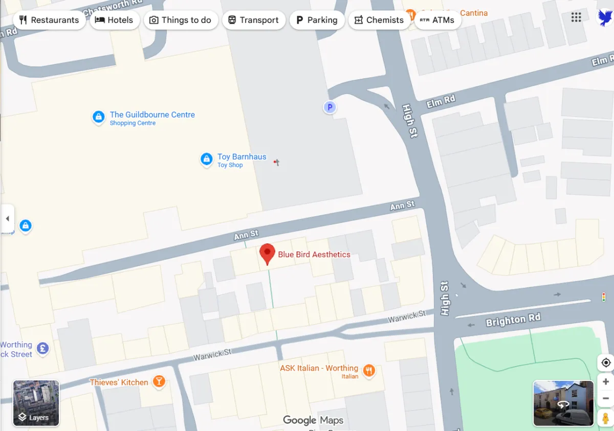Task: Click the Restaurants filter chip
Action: click(49, 20)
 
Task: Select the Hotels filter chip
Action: click(114, 20)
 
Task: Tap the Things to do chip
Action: click(181, 20)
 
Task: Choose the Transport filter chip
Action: click(253, 20)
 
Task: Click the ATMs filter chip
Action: click(437, 20)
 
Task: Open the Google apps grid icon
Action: click(576, 17)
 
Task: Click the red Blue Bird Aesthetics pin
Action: click(267, 253)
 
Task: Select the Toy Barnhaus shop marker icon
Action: click(206, 159)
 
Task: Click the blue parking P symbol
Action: click(330, 107)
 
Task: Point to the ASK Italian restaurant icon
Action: click(368, 370)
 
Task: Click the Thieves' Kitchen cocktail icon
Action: click(159, 381)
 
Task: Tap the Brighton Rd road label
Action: click(513, 321)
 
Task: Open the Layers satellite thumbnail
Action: click(36, 403)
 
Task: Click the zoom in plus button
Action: click(606, 382)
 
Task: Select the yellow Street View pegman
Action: click(606, 417)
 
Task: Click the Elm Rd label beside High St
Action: click(441, 101)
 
